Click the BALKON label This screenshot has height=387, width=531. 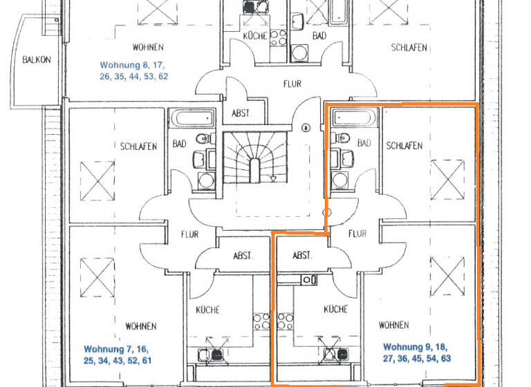click(36, 59)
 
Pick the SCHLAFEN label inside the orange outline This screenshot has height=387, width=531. click(404, 146)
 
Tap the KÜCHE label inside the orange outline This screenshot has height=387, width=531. click(335, 309)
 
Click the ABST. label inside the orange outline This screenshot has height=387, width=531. click(302, 255)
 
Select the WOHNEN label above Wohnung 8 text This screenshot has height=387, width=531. click(149, 48)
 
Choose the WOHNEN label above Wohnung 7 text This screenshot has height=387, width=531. click(140, 325)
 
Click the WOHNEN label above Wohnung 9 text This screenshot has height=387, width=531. click(393, 325)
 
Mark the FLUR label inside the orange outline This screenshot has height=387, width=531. click(357, 234)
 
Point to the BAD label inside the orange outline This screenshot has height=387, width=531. click(364, 143)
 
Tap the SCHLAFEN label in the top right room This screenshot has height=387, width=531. click(409, 48)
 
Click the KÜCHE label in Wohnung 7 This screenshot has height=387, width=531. click(207, 310)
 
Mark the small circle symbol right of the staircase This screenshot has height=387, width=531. click(306, 128)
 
